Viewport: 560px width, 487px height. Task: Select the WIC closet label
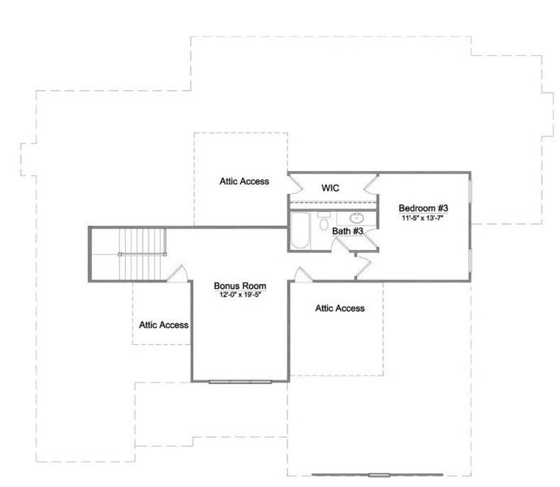click(x=330, y=188)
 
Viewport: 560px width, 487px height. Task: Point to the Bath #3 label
click(x=347, y=231)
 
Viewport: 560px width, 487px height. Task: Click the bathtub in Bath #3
click(x=300, y=231)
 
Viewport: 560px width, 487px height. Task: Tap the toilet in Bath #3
click(x=324, y=222)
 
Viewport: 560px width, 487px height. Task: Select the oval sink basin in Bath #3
click(x=356, y=218)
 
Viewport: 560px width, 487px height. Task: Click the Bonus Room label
click(x=240, y=286)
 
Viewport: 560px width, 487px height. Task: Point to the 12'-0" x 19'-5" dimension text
click(x=240, y=295)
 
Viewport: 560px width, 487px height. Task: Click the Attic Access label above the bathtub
click(x=244, y=181)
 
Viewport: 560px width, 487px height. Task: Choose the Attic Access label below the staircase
click(x=163, y=325)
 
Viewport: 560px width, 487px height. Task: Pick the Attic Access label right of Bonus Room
click(x=340, y=308)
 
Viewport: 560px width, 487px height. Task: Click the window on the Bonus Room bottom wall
click(x=239, y=381)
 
